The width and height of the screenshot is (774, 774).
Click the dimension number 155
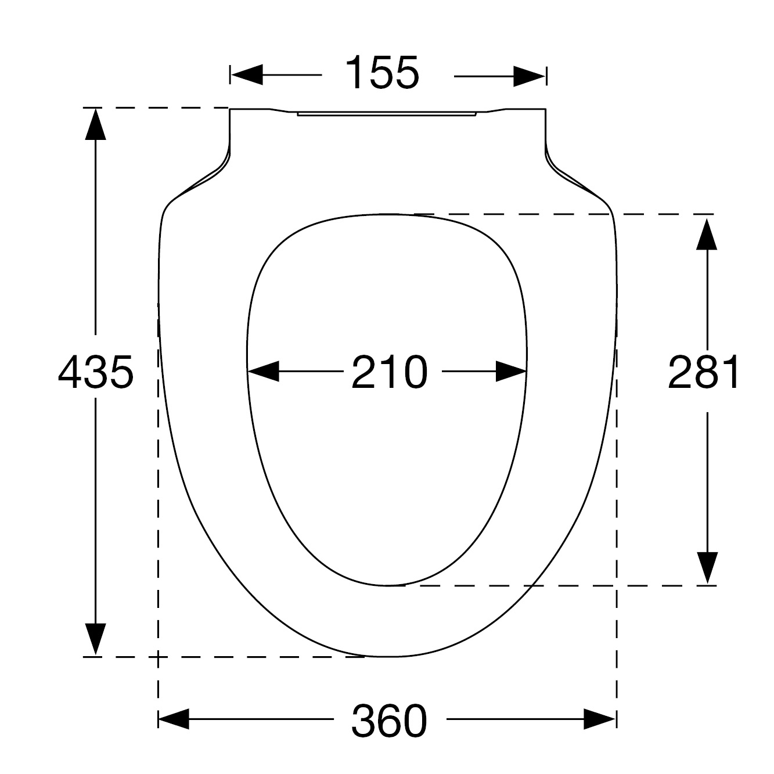click(x=382, y=73)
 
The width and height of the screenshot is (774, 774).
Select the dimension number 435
click(x=96, y=372)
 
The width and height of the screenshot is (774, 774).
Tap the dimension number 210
click(x=389, y=372)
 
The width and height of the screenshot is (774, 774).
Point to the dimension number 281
click(x=703, y=372)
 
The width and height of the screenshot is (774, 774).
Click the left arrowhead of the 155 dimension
click(x=247, y=75)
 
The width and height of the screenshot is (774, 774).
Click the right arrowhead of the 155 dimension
click(x=529, y=76)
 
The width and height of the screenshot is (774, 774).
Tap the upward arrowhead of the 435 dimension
click(x=96, y=124)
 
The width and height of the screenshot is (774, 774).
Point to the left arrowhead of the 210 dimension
click(x=264, y=371)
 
